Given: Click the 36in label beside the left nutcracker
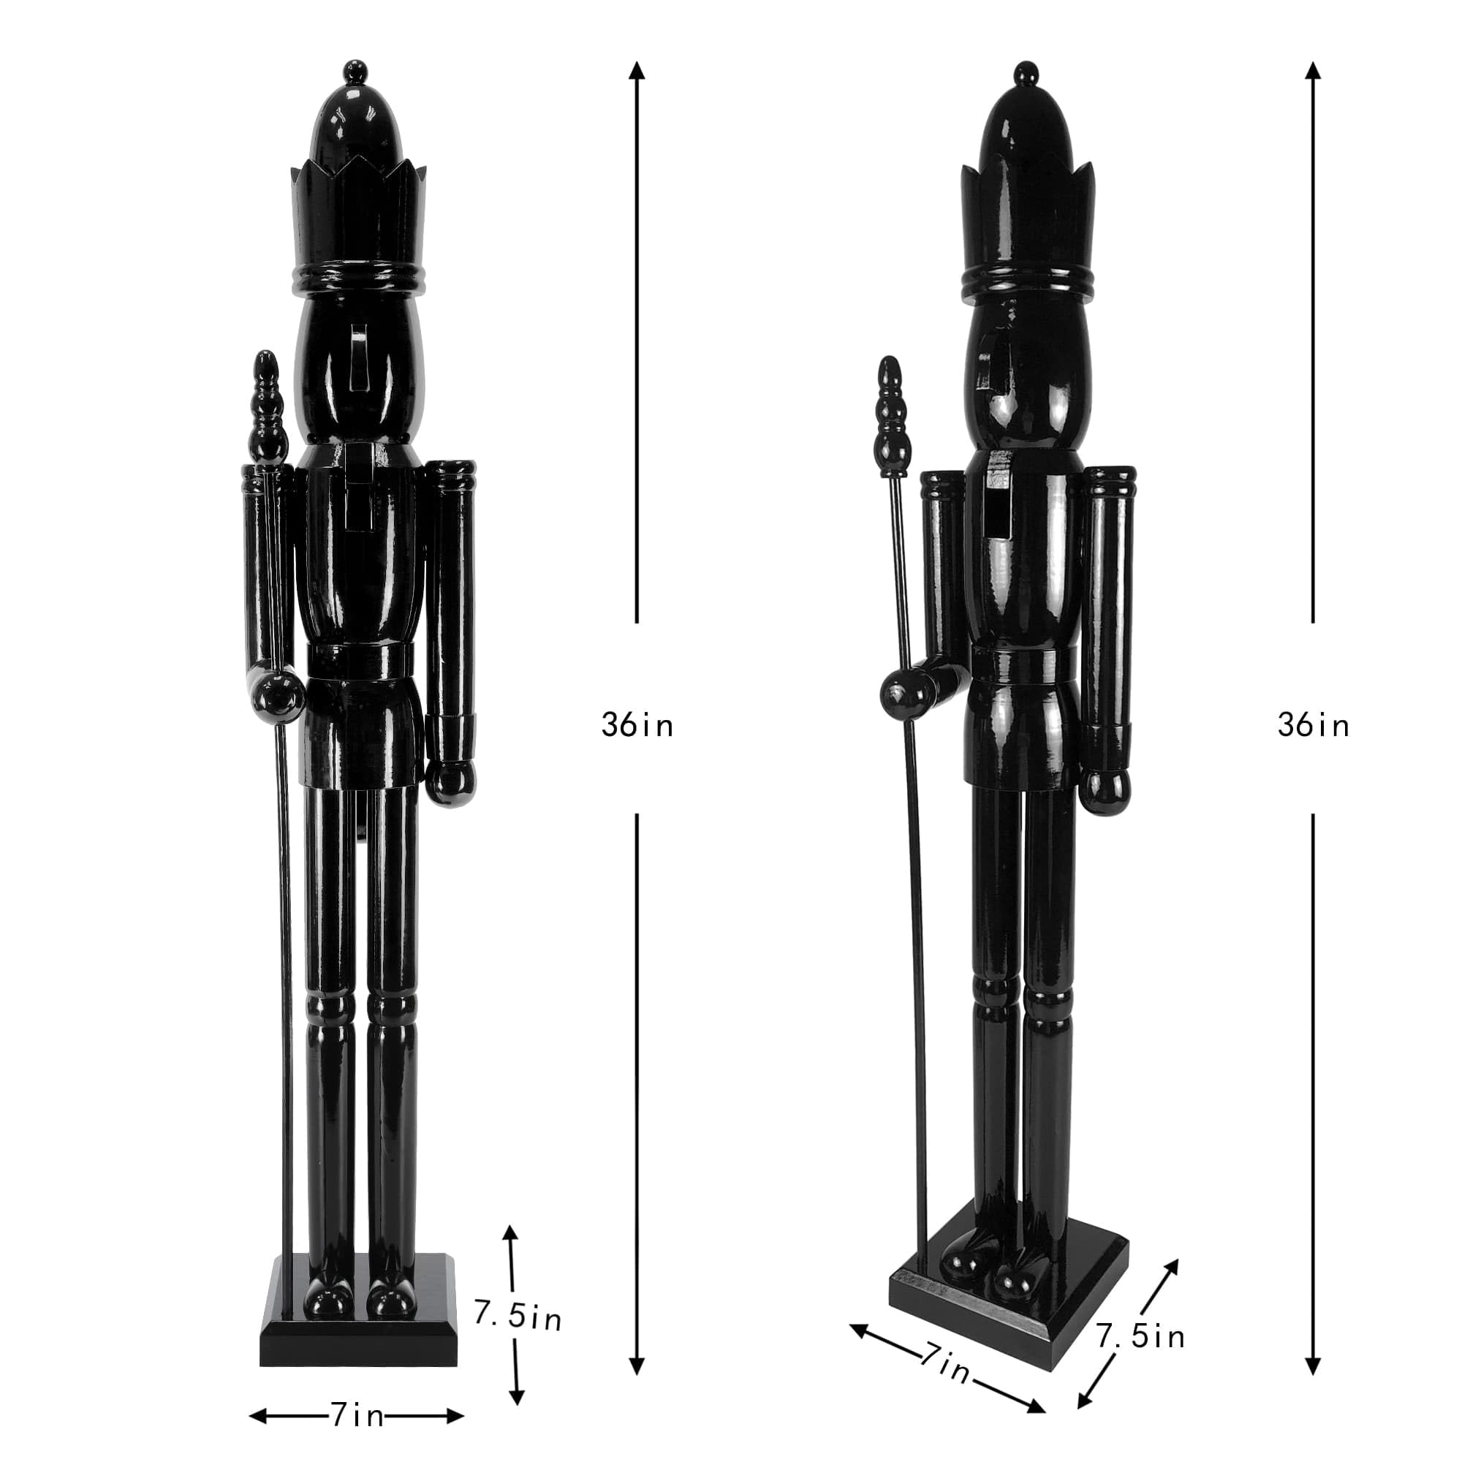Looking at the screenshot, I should pos(637,726).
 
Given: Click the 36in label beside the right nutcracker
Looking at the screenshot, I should pos(1314,726).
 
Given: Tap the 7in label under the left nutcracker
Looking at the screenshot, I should pos(357,1414).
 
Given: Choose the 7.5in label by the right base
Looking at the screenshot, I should pos(1140,1336).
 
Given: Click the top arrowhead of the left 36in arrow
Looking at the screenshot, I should pos(637,70).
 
